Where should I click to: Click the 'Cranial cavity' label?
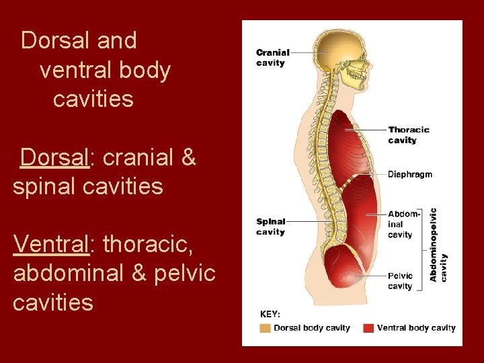(x=272, y=57)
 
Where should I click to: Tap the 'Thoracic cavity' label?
(x=408, y=134)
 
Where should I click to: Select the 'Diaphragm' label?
(x=409, y=174)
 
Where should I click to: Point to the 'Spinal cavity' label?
(x=270, y=227)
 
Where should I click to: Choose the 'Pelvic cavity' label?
(x=400, y=280)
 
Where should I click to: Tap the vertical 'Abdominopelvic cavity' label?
(x=438, y=245)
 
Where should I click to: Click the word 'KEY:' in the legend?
(x=270, y=314)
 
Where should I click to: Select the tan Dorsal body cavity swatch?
(x=266, y=328)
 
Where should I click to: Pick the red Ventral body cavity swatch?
(x=368, y=328)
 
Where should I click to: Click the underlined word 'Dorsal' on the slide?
(x=54, y=157)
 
